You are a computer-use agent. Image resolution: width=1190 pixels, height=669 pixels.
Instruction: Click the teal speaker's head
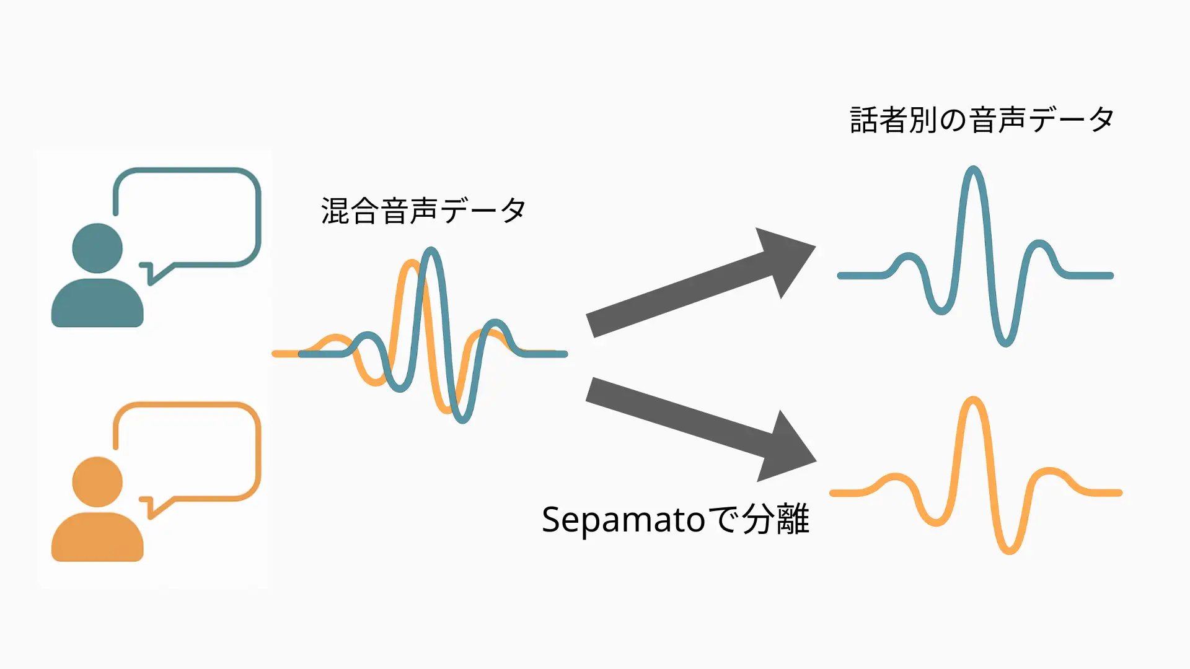(97, 248)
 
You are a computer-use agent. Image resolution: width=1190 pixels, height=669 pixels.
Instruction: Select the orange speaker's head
(97, 482)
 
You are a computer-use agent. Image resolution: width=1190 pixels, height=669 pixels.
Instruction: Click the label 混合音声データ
(423, 211)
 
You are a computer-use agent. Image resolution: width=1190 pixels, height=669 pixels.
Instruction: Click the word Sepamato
(623, 519)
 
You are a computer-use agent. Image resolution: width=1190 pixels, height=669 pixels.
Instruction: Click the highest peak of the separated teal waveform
(973, 170)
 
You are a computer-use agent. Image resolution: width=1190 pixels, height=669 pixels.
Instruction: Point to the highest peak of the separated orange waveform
(973, 400)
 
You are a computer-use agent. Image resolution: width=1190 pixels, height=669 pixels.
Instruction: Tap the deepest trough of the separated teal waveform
(1005, 343)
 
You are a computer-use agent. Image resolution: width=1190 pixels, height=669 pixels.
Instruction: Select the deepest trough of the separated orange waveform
(1008, 550)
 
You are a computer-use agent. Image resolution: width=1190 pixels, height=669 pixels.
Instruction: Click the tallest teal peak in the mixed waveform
(431, 251)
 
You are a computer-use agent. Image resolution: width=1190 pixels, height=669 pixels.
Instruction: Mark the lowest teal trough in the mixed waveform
(462, 419)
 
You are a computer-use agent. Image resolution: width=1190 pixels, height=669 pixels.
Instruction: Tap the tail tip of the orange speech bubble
(151, 517)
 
